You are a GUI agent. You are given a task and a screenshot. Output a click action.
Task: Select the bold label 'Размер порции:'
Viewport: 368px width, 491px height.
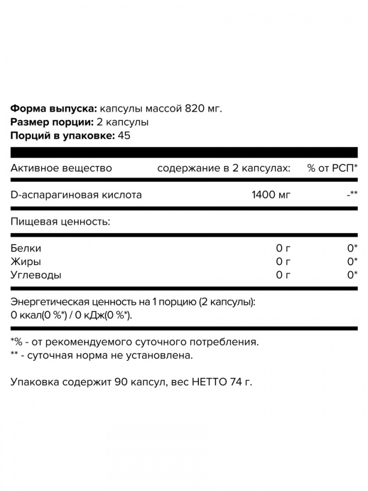pyautogui.click(x=52, y=122)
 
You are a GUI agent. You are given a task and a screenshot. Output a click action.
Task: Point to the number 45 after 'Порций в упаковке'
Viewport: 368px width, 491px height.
pyautogui.click(x=124, y=136)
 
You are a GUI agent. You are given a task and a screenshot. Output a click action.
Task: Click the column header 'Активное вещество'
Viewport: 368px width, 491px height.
pyautogui.click(x=61, y=168)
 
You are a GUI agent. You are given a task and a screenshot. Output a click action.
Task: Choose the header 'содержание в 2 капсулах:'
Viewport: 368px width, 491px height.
pyautogui.click(x=224, y=168)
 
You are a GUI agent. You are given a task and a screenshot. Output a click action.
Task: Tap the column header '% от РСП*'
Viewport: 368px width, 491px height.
pyautogui.click(x=333, y=168)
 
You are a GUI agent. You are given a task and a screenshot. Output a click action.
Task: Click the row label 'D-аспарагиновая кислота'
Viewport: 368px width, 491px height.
pyautogui.click(x=76, y=195)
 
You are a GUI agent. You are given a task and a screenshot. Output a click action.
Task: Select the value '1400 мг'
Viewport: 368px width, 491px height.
pyautogui.click(x=271, y=195)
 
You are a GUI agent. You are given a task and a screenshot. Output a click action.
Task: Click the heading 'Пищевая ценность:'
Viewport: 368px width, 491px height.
pyautogui.click(x=60, y=222)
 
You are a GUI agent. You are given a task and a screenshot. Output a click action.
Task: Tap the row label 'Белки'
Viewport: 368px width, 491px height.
pyautogui.click(x=26, y=249)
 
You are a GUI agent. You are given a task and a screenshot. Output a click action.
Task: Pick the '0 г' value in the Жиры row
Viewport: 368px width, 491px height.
pyautogui.click(x=284, y=262)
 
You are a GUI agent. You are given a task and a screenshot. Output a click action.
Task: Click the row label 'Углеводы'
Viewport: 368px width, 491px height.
pyautogui.click(x=36, y=275)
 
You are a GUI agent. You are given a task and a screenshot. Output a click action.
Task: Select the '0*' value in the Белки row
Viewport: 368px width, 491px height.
pyautogui.click(x=351, y=249)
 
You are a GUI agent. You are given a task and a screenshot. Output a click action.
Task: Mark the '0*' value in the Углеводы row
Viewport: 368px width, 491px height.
pyautogui.click(x=351, y=275)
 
